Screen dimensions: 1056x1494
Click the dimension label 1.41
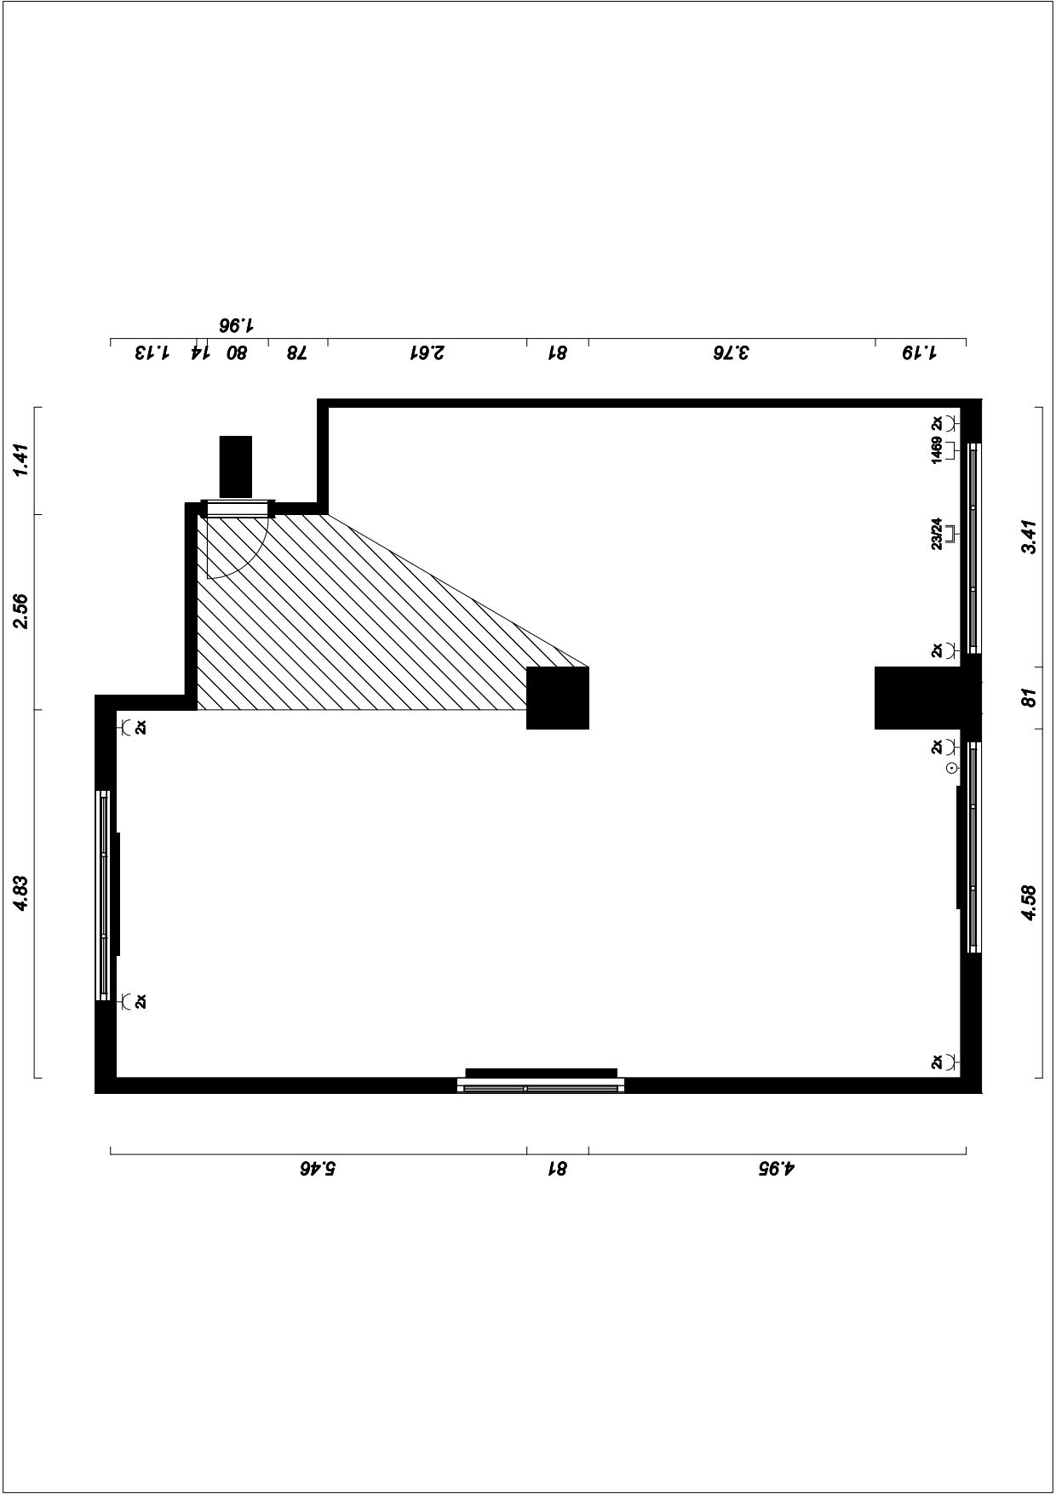22,461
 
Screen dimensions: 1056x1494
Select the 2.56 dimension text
22,611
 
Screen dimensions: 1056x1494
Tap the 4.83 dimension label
22,893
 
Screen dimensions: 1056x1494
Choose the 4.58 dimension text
1030,903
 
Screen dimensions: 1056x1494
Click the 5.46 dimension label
318,1169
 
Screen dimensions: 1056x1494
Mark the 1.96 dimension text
237,326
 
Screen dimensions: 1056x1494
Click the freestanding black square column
558,698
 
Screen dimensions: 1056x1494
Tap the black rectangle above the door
236,467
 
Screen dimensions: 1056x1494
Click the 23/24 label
937,534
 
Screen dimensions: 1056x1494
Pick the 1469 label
937,450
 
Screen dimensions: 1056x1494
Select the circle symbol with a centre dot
951,769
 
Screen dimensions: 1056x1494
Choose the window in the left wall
103,895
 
